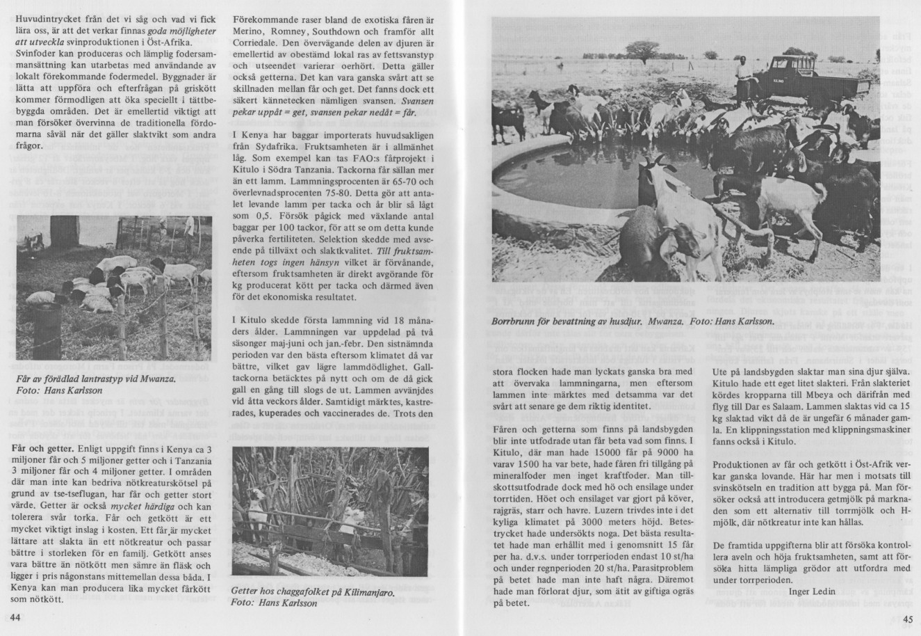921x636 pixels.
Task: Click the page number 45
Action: coord(907,619)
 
